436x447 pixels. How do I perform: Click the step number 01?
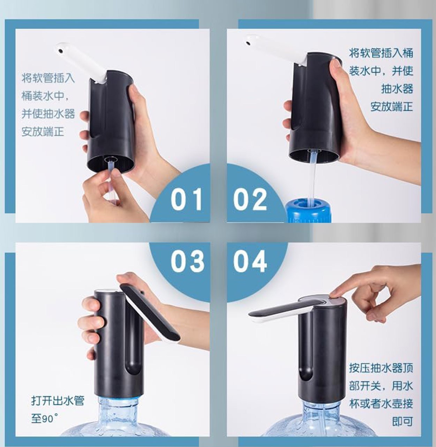pos(186,199)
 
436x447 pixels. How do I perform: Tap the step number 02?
pos(250,199)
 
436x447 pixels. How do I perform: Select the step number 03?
pos(187,261)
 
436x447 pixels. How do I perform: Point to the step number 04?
pos(250,261)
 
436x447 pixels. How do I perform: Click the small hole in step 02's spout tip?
pos(248,43)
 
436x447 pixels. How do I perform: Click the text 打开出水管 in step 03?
pos(58,401)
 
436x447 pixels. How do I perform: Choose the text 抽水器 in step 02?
pos(397,89)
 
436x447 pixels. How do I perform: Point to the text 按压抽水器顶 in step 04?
pos(381,368)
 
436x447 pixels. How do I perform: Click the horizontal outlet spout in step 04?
pos(285,310)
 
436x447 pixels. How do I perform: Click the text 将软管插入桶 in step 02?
pos(381,53)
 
